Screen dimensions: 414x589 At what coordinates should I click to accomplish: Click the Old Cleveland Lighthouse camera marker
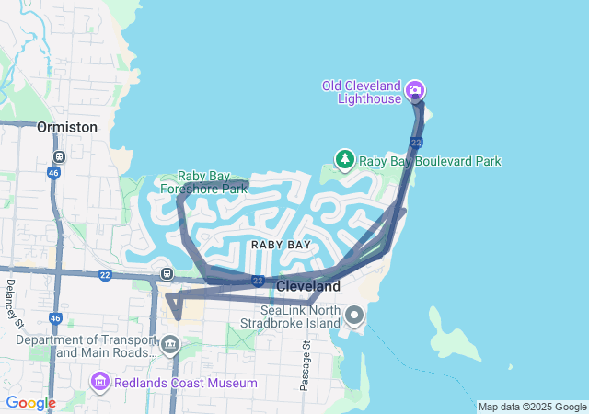click(415, 89)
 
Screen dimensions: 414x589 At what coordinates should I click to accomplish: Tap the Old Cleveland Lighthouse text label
click(362, 92)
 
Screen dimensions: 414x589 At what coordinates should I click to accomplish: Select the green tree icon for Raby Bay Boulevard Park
click(345, 160)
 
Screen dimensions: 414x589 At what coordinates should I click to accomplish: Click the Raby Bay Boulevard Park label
click(430, 161)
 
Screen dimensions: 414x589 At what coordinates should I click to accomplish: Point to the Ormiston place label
click(67, 127)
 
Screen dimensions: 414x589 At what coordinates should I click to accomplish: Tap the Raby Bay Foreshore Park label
click(213, 182)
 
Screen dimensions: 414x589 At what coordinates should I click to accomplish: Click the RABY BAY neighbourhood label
click(281, 245)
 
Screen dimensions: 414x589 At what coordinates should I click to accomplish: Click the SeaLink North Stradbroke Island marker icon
click(355, 317)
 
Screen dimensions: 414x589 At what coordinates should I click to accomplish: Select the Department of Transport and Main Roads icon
click(169, 346)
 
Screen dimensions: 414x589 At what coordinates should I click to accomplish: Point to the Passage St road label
click(305, 364)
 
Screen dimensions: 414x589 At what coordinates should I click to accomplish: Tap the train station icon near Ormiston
click(59, 157)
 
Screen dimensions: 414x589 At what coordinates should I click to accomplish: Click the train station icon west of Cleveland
click(167, 273)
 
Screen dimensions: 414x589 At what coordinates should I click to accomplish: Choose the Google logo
click(30, 403)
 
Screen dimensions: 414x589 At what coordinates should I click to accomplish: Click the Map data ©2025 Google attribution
click(532, 407)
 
